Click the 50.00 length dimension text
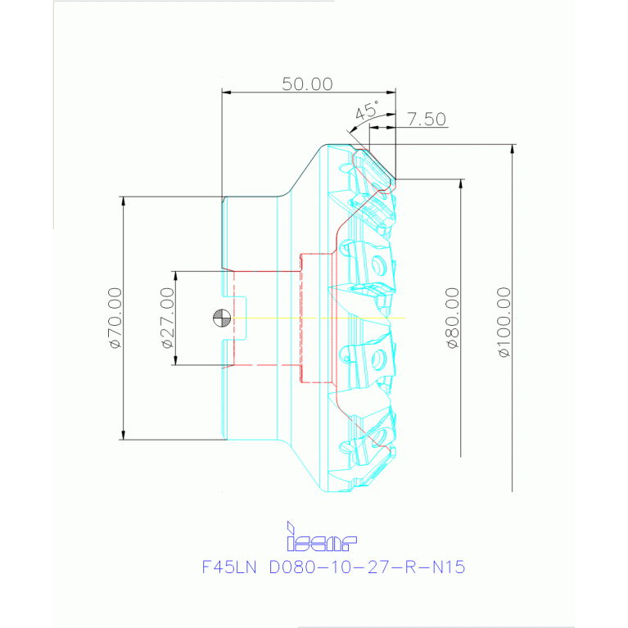point(308,84)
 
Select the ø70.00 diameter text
point(115,318)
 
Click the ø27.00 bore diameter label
point(168,318)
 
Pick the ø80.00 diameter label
point(452,318)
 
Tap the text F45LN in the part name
point(228,567)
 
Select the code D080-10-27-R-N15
point(367,567)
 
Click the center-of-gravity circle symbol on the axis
point(220,318)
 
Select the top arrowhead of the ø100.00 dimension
point(513,148)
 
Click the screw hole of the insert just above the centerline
point(378,265)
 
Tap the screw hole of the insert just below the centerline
point(378,359)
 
